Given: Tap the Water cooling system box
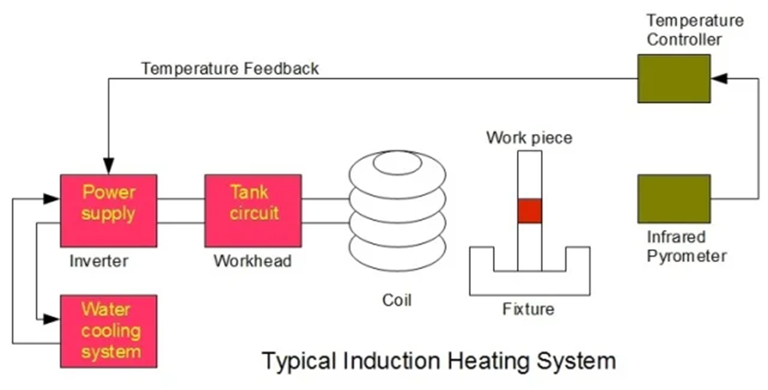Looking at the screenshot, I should (x=108, y=331).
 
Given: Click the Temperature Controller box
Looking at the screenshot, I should (x=674, y=79).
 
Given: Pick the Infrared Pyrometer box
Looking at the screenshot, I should (x=674, y=199).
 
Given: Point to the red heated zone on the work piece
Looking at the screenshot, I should (x=529, y=211).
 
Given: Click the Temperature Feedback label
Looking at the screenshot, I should (x=230, y=69).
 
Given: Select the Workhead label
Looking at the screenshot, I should (x=253, y=261).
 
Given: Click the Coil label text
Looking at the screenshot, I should (x=396, y=300).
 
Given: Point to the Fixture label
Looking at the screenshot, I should (x=529, y=309).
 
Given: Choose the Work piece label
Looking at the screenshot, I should (x=529, y=138).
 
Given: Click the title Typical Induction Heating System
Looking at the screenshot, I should (x=439, y=362).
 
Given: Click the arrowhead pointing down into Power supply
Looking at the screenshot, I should (x=108, y=168).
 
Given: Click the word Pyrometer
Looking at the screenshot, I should (x=687, y=255).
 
